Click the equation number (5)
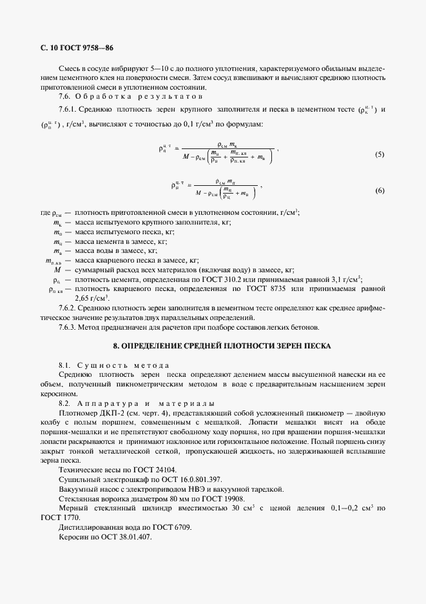(x=380, y=155)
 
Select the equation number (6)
(x=380, y=191)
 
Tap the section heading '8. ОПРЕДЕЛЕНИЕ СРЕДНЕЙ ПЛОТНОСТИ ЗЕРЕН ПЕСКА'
(x=222, y=347)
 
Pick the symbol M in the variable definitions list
(x=58, y=270)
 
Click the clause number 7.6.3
(x=68, y=328)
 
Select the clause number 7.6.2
(x=68, y=308)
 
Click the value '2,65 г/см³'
(x=92, y=299)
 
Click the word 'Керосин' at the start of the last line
(x=73, y=538)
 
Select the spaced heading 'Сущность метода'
(x=122, y=365)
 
